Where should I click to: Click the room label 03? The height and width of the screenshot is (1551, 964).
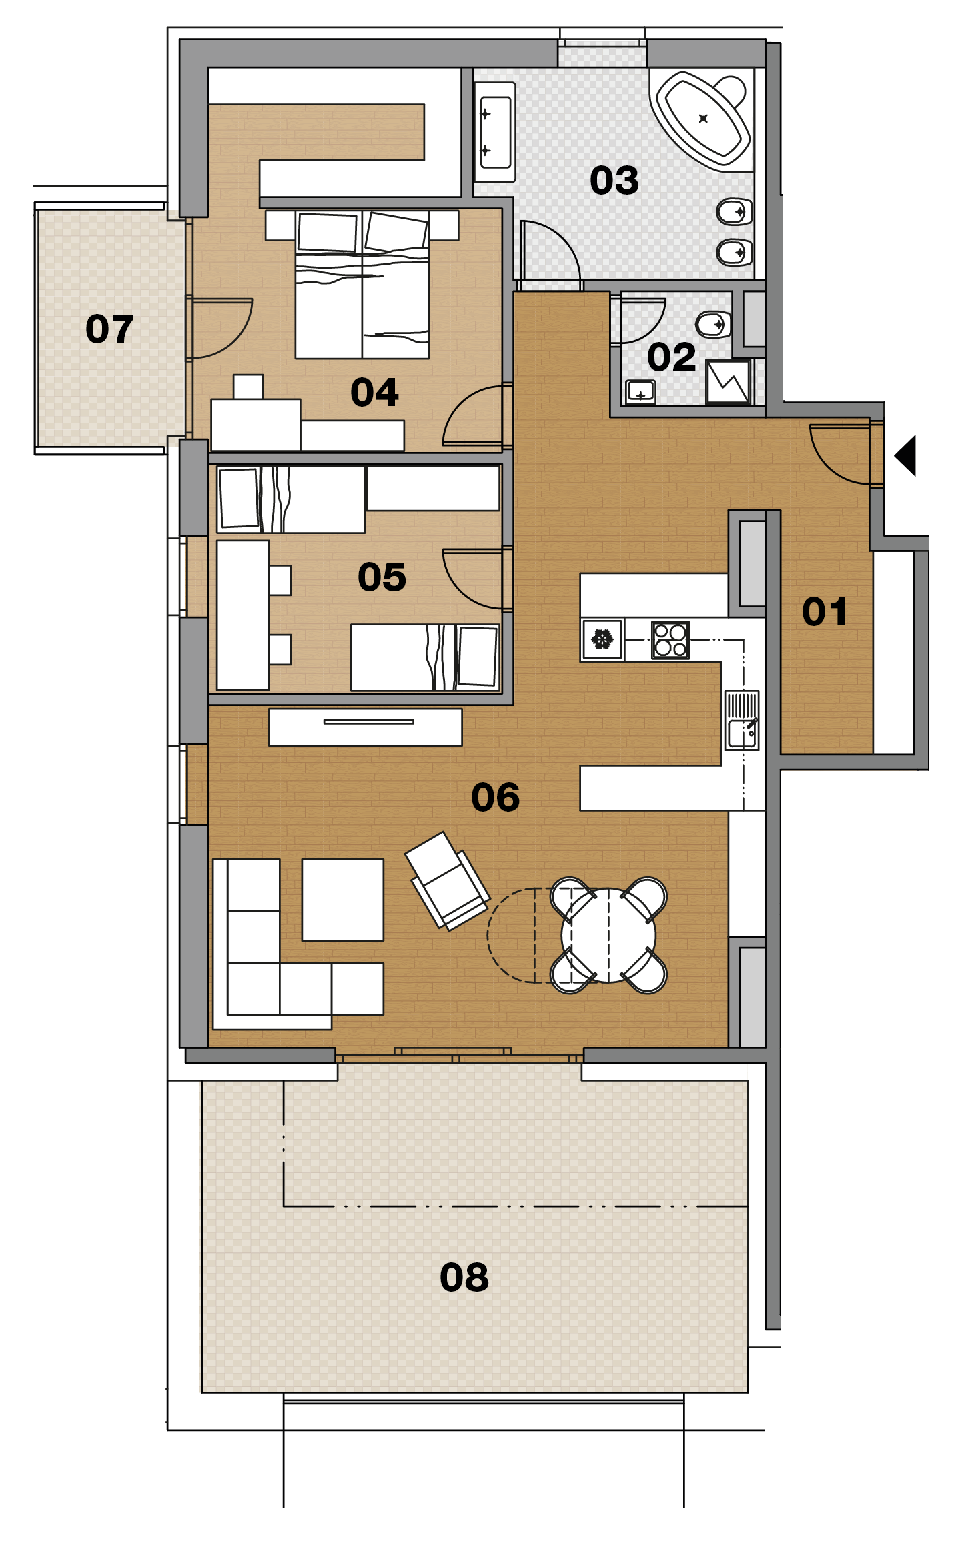tap(614, 181)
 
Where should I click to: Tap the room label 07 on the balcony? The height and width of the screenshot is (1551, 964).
tap(109, 329)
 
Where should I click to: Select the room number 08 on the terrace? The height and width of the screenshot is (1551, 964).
tap(464, 1278)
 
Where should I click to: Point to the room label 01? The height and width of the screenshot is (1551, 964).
tap(825, 612)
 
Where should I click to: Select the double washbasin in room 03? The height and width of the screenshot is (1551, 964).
tap(495, 132)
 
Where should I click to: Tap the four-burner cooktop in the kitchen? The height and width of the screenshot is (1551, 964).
tap(670, 640)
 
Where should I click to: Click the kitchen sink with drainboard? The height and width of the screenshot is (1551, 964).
tap(742, 721)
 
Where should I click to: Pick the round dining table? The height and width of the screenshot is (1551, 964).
tap(608, 935)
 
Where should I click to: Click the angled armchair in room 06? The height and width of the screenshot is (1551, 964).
tap(448, 880)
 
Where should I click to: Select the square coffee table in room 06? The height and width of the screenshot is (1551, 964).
tap(343, 900)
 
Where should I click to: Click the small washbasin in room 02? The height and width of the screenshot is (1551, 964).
tap(640, 392)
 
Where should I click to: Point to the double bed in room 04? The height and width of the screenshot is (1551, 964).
tap(362, 285)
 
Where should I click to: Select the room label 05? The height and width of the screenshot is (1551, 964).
tap(382, 577)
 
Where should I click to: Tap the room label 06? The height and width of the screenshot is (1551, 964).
tap(495, 798)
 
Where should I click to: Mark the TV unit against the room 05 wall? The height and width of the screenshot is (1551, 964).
tap(366, 727)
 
